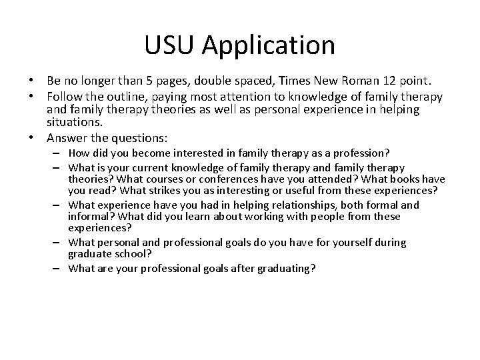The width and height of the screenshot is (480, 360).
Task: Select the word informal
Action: [88, 217]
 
